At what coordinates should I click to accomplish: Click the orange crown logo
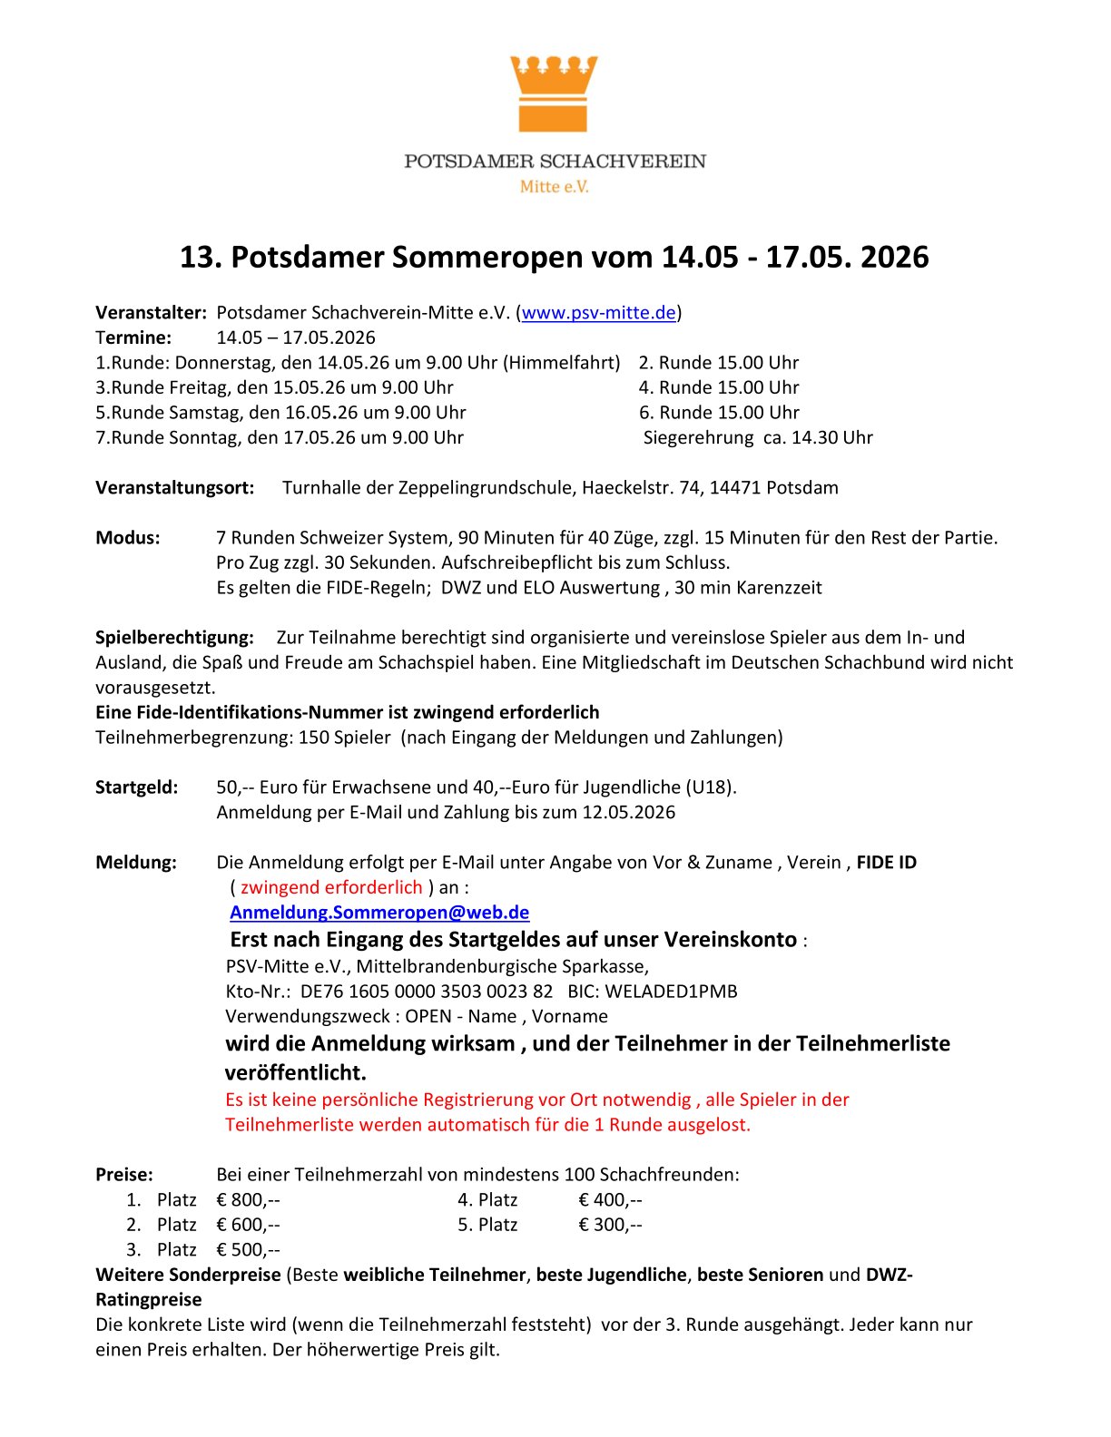pyautogui.click(x=554, y=93)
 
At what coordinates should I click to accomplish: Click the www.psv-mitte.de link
pyautogui.click(x=598, y=313)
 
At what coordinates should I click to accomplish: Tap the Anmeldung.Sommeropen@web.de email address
pyautogui.click(x=379, y=913)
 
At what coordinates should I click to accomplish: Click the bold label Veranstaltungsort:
pyautogui.click(x=175, y=488)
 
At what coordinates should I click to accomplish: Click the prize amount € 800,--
pyautogui.click(x=248, y=1200)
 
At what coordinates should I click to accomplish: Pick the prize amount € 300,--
pyautogui.click(x=610, y=1225)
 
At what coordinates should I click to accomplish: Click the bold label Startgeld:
pyautogui.click(x=137, y=787)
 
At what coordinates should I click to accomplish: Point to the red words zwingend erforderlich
pyautogui.click(x=331, y=887)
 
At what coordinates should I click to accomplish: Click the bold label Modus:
pyautogui.click(x=128, y=538)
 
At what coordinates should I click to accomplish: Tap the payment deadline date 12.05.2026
pyautogui.click(x=628, y=813)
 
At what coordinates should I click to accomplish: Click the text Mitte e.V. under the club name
pyautogui.click(x=554, y=187)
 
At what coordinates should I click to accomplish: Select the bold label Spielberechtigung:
pyautogui.click(x=174, y=638)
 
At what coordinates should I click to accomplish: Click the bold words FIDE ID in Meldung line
pyautogui.click(x=886, y=863)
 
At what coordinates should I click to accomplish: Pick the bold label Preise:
pyautogui.click(x=124, y=1175)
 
